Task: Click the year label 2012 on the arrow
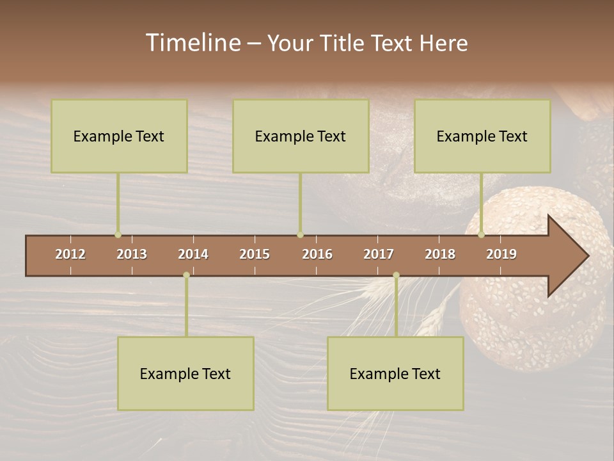pos(70,254)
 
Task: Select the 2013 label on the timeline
pos(132,254)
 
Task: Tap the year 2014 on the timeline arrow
pos(193,254)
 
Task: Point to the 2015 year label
pos(255,254)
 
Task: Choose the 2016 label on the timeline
pos(317,254)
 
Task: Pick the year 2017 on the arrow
pos(379,254)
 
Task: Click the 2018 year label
pos(440,254)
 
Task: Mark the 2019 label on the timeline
pos(501,254)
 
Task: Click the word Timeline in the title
pos(193,43)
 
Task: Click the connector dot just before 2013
pos(118,235)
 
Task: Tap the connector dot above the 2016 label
pos(300,235)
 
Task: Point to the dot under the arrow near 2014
pos(186,275)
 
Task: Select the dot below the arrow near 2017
pos(396,275)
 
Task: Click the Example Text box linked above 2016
pos(301,136)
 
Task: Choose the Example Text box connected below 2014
pos(185,373)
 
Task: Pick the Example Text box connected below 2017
pos(395,373)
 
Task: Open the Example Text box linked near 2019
pos(482,136)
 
